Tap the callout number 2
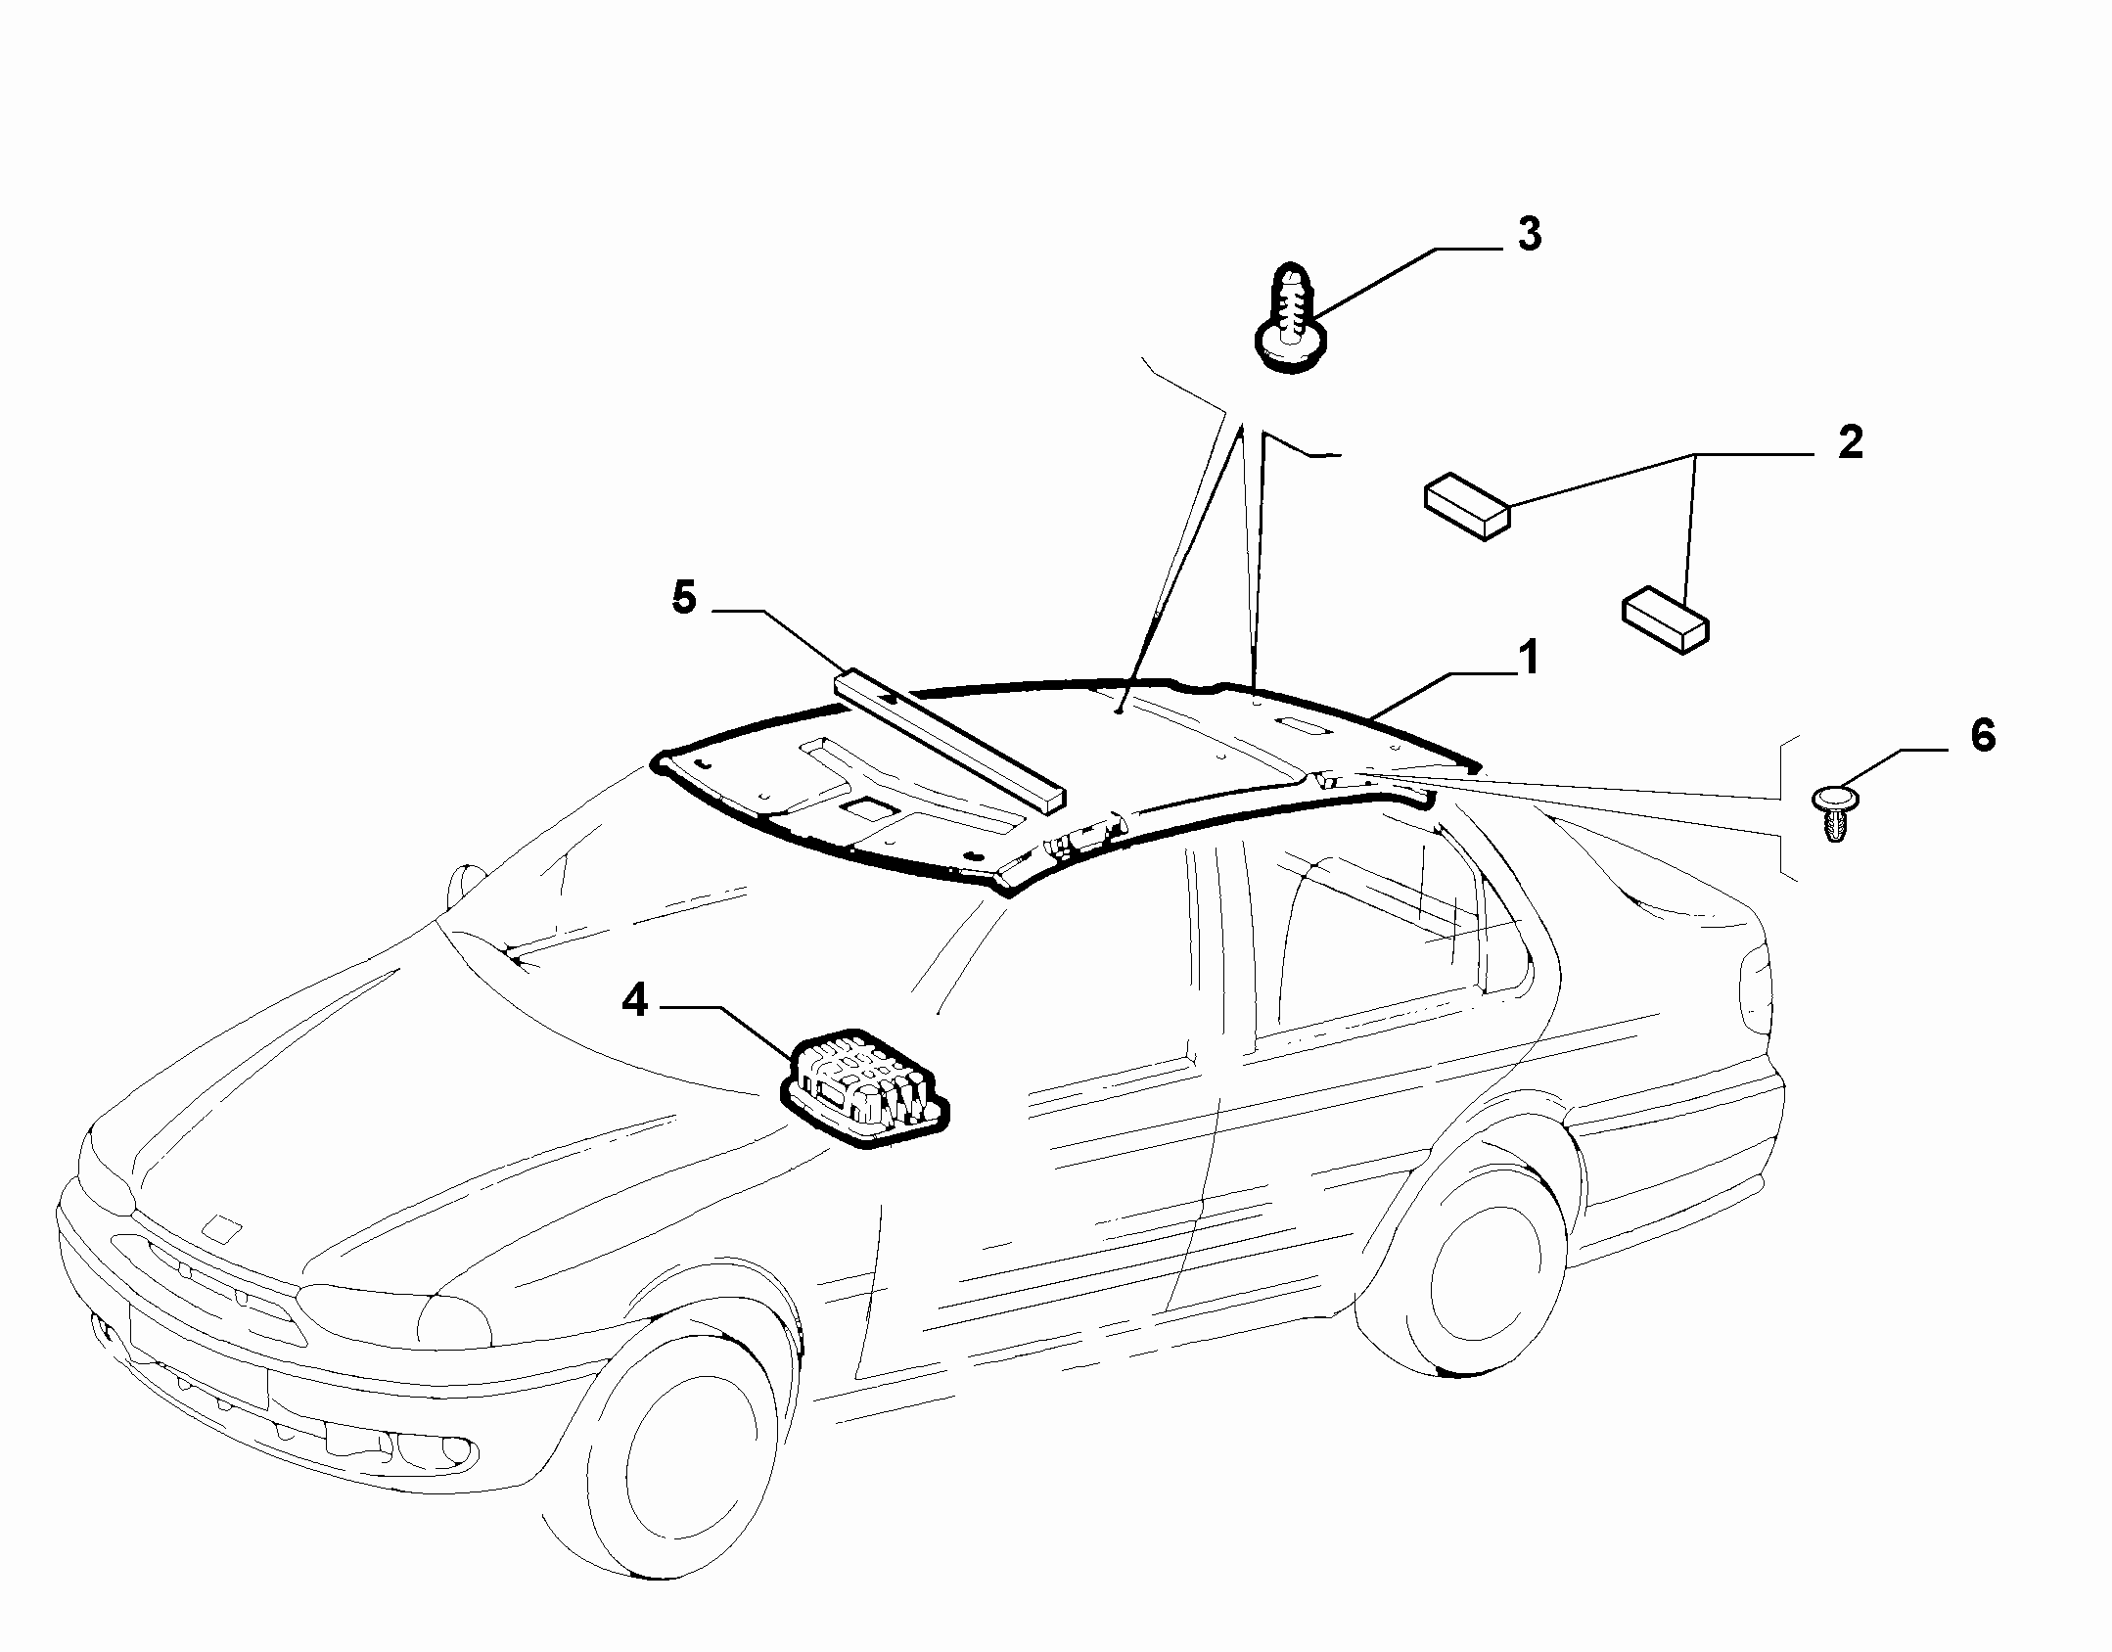click(x=1850, y=444)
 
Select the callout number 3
click(x=1530, y=235)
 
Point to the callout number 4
click(x=636, y=1000)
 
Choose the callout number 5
click(x=684, y=598)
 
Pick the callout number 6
click(x=1982, y=736)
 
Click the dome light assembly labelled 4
click(x=864, y=1087)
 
